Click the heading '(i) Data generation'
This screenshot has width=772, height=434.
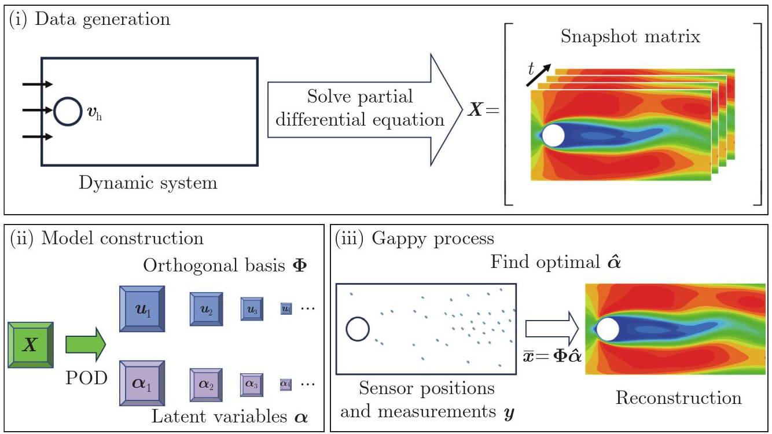(x=90, y=19)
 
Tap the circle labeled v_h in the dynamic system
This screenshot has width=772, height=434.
(x=68, y=111)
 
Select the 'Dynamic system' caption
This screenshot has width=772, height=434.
(x=148, y=184)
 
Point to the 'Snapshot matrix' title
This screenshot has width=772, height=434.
(x=630, y=37)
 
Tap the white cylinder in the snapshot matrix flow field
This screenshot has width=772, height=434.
(x=553, y=135)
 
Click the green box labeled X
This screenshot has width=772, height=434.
(x=32, y=345)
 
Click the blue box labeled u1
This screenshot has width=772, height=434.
(x=142, y=309)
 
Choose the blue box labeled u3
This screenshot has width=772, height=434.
(x=252, y=310)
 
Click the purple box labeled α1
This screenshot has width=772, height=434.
(x=142, y=382)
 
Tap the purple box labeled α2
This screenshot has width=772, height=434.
(x=207, y=382)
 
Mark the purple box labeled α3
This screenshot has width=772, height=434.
(x=252, y=383)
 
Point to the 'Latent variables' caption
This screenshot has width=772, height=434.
(x=218, y=416)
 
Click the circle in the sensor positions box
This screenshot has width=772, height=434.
(x=358, y=329)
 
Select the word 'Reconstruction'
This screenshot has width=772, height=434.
(x=678, y=398)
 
